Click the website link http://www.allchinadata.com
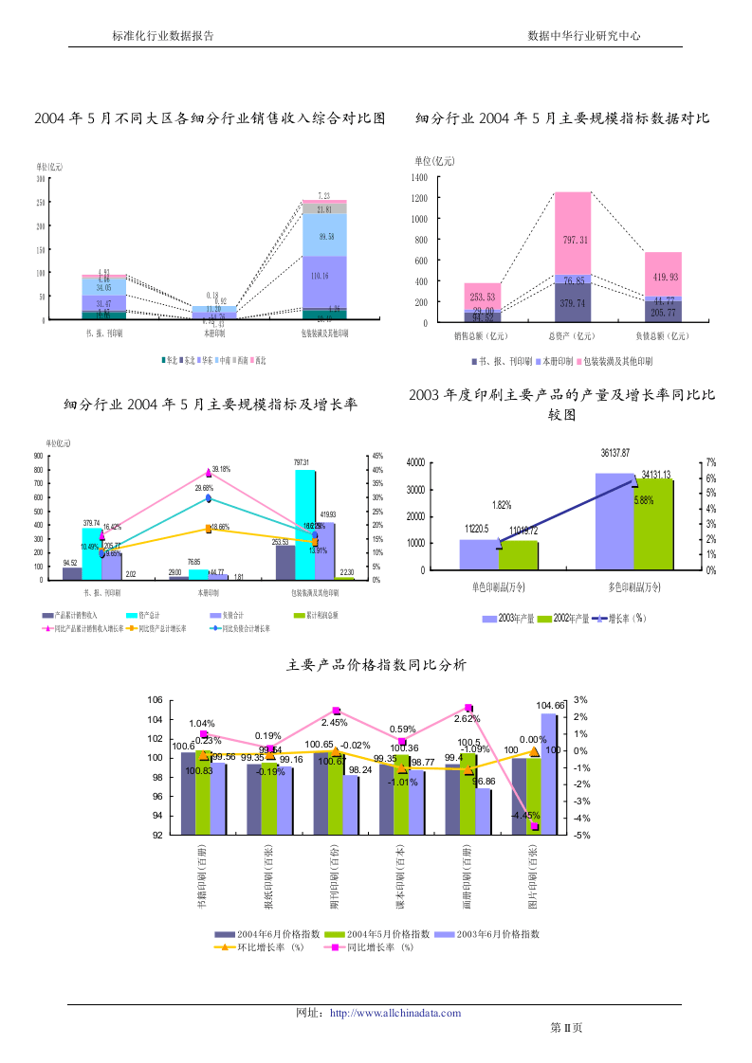coord(395,1013)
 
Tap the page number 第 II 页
coord(566,1028)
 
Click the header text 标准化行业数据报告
coord(162,35)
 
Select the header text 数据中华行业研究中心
coord(584,35)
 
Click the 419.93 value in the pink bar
coord(663,277)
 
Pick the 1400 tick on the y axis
coord(420,177)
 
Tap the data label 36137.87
coord(614,454)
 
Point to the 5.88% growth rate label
coord(644,501)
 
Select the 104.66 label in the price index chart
coord(551,706)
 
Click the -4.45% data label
coord(525,815)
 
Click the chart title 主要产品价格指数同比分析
coord(376,666)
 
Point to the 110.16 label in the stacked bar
coord(325,276)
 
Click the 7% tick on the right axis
coord(710,461)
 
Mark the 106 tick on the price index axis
coord(156,699)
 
